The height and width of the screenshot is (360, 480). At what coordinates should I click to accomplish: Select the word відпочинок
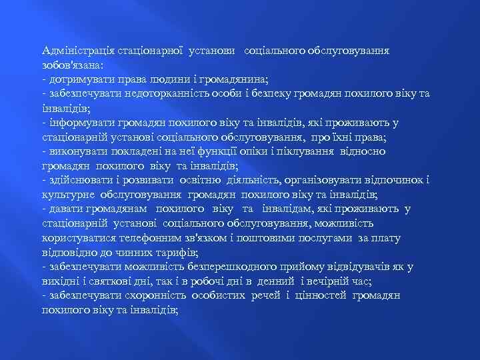click(x=393, y=180)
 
